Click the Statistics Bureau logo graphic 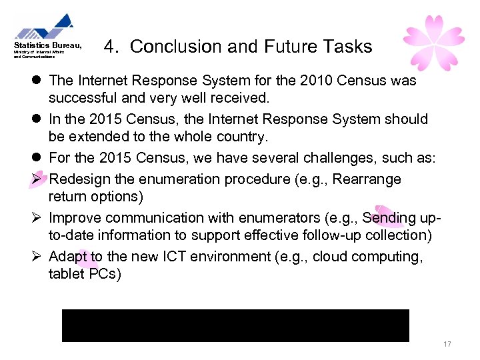pyautogui.click(x=45, y=27)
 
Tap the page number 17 pyautogui.click(x=447, y=344)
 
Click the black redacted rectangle pyautogui.click(x=235, y=325)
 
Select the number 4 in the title pyautogui.click(x=111, y=47)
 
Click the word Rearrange pyautogui.click(x=367, y=179)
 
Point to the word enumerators pyautogui.click(x=242, y=218)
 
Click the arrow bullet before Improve pyautogui.click(x=39, y=218)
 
